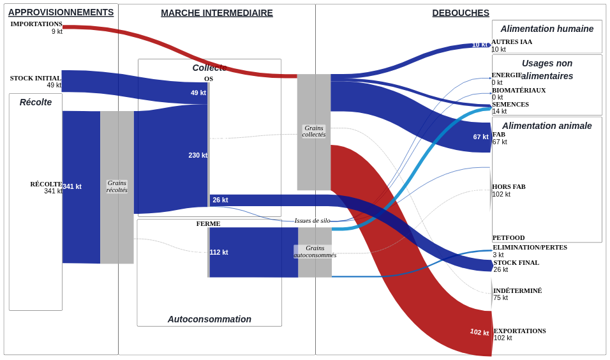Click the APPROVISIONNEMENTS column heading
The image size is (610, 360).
click(61, 13)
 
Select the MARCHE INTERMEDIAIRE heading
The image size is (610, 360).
click(217, 13)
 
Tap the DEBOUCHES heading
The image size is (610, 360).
click(461, 13)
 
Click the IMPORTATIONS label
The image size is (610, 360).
click(36, 24)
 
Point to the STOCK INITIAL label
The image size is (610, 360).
click(35, 79)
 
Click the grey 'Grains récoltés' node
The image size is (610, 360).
click(117, 187)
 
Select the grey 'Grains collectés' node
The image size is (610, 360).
click(314, 132)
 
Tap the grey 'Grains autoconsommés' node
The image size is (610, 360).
click(315, 252)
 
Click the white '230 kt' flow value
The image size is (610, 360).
click(198, 155)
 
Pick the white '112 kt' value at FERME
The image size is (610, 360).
click(219, 252)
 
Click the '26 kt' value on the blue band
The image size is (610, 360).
click(220, 200)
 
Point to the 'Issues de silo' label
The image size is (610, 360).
click(313, 221)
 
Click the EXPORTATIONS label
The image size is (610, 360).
click(520, 331)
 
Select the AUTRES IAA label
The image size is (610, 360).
click(512, 42)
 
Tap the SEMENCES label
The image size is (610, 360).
click(510, 104)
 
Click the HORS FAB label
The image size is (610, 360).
click(509, 187)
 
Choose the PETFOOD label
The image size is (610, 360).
click(509, 238)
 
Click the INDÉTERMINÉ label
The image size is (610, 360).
click(517, 290)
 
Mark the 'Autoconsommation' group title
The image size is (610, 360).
click(209, 319)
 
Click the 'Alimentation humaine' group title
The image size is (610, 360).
click(547, 29)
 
